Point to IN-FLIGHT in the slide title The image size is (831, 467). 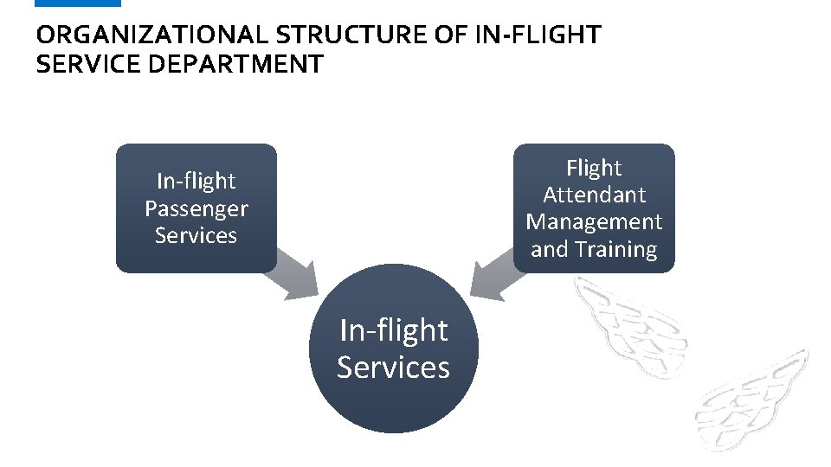click(538, 35)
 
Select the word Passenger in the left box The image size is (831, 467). click(196, 208)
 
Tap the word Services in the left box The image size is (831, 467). click(196, 235)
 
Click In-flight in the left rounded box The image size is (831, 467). click(196, 181)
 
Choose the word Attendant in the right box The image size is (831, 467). click(594, 195)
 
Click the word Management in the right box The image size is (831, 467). click(594, 222)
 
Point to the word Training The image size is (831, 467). click(615, 250)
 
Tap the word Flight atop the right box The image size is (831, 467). click(594, 167)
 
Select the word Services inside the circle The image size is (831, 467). click(393, 368)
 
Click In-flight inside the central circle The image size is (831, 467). click(393, 330)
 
